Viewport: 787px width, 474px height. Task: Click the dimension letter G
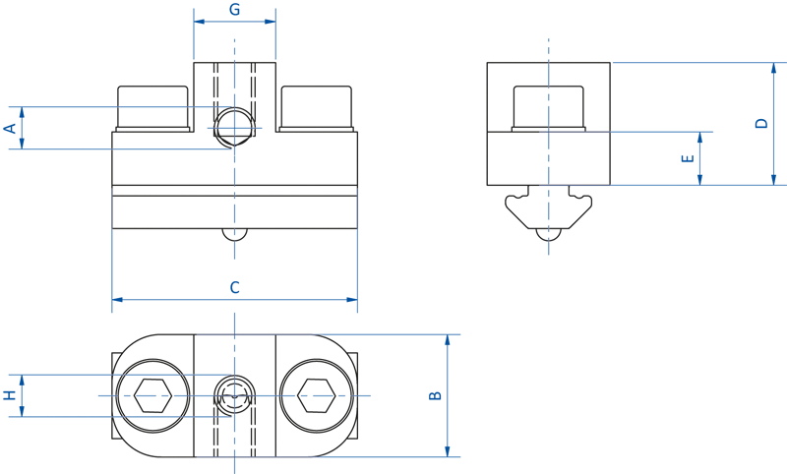point(234,10)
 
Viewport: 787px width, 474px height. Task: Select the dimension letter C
point(234,288)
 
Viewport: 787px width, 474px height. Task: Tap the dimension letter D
point(760,123)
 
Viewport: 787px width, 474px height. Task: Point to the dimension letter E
point(688,157)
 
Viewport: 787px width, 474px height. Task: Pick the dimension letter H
point(10,395)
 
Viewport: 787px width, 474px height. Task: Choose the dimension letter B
point(435,395)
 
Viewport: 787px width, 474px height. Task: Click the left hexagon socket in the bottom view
point(152,395)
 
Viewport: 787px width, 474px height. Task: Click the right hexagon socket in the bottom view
point(316,395)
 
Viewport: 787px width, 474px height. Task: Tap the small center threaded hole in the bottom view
point(234,395)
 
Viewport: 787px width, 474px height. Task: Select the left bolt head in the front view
point(153,107)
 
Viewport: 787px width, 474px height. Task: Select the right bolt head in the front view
point(316,107)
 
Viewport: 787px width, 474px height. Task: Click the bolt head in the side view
point(549,107)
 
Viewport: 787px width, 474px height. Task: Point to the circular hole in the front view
point(234,126)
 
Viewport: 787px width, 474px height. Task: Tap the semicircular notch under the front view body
point(234,234)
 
